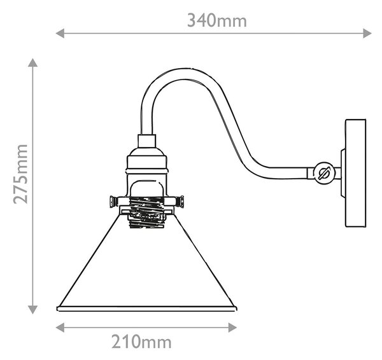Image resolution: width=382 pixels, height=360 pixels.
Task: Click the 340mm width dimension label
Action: (x=217, y=20)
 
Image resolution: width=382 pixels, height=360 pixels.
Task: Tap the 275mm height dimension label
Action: (x=20, y=174)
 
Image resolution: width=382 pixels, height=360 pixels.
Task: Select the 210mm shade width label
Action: (x=141, y=342)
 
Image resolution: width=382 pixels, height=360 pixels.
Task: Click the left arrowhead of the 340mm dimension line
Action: (x=60, y=33)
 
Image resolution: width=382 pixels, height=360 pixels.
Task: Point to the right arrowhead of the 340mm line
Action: (x=367, y=33)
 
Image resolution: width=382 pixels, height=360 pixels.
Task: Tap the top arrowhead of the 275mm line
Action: (x=32, y=62)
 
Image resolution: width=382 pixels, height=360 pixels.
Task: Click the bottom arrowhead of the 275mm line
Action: (x=32, y=310)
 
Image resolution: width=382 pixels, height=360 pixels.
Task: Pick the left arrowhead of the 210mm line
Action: (x=60, y=328)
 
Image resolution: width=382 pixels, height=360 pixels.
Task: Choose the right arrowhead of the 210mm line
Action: (x=232, y=328)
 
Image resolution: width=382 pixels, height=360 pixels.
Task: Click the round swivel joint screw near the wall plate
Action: (x=324, y=173)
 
